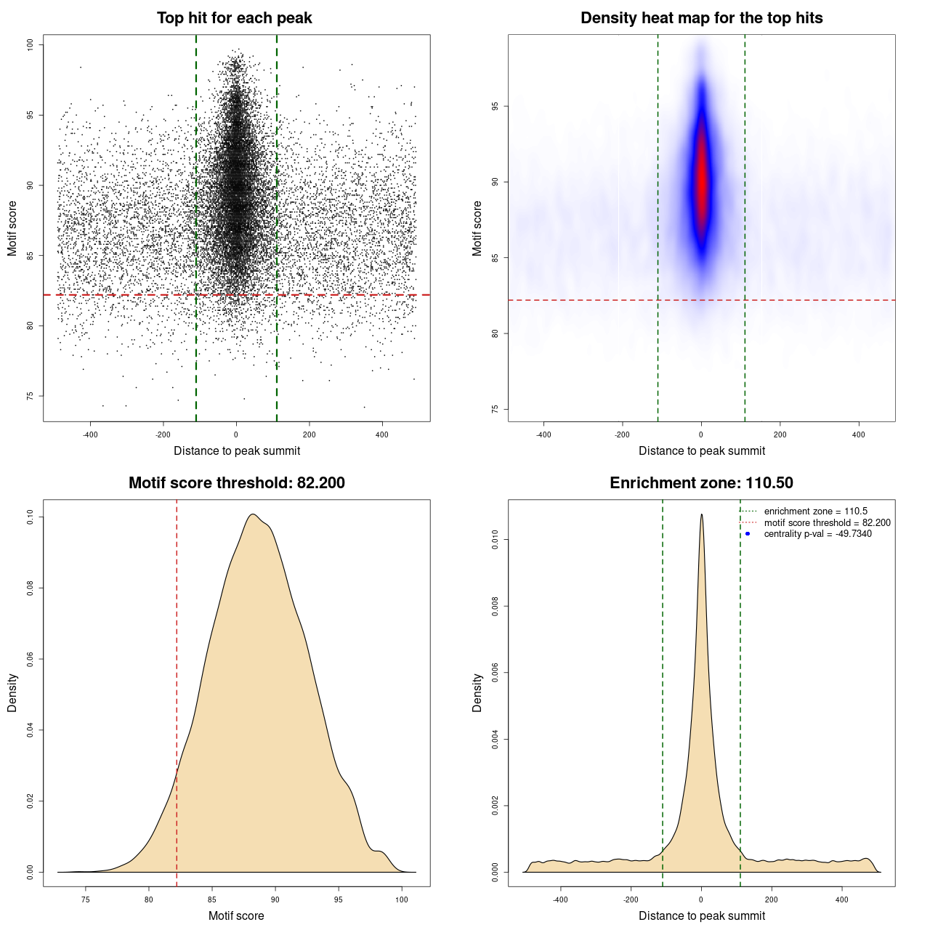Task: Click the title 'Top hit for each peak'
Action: [234, 18]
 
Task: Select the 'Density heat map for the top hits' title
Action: [701, 18]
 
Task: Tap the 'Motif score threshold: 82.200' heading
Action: [236, 483]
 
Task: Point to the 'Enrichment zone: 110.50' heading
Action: [701, 483]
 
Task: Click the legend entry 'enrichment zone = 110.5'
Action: [815, 511]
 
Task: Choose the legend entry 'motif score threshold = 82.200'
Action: [827, 522]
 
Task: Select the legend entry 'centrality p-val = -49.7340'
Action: [817, 534]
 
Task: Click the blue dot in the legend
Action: [748, 534]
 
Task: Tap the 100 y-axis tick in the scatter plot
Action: [31, 45]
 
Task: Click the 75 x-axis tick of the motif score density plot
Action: [86, 899]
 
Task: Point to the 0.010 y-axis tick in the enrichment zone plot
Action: [496, 539]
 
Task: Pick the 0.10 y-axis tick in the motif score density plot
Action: [31, 517]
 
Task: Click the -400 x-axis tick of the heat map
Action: [543, 434]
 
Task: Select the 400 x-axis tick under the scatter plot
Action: [381, 434]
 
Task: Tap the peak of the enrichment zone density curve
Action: [701, 514]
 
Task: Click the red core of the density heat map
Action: [701, 182]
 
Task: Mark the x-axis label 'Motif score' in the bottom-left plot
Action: [236, 915]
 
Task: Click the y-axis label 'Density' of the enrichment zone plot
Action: [477, 692]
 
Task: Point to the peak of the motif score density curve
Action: [252, 514]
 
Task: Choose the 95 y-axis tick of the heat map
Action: [496, 106]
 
